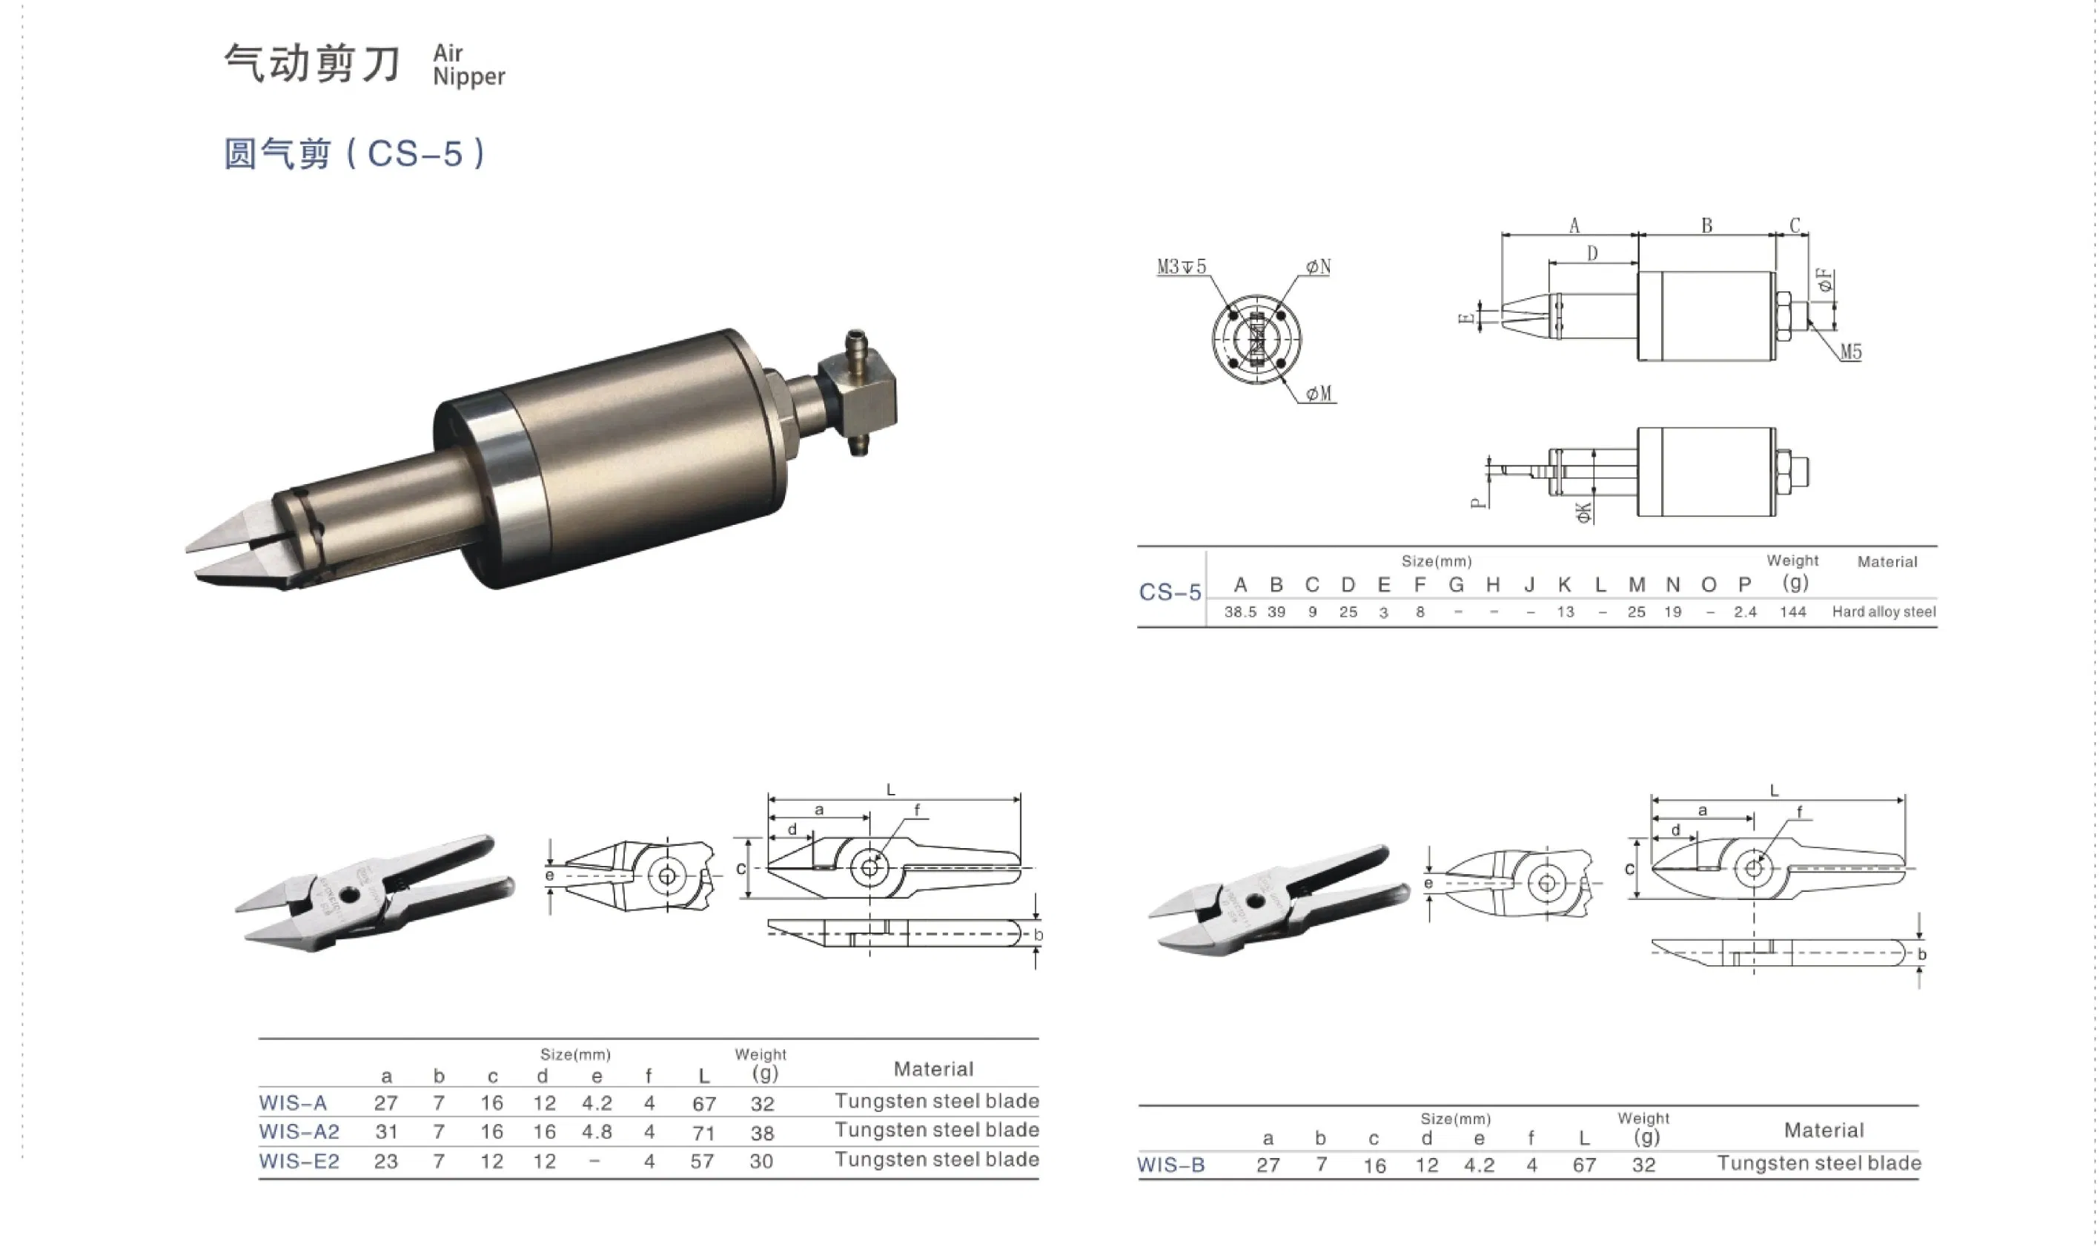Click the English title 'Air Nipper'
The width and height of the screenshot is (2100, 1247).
coord(468,64)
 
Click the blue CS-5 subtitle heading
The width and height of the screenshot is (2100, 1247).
coord(354,153)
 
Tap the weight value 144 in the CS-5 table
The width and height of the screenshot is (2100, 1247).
coord(1792,612)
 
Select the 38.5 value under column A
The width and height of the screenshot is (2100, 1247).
coord(1240,612)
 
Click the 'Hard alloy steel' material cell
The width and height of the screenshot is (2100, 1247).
coord(1884,612)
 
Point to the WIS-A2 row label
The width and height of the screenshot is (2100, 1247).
coord(299,1132)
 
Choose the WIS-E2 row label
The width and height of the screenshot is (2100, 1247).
coord(299,1161)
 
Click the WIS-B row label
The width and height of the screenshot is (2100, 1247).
coord(1171,1165)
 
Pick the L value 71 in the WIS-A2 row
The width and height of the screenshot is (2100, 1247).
coord(704,1133)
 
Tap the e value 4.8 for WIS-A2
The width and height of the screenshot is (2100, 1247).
coord(597,1132)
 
